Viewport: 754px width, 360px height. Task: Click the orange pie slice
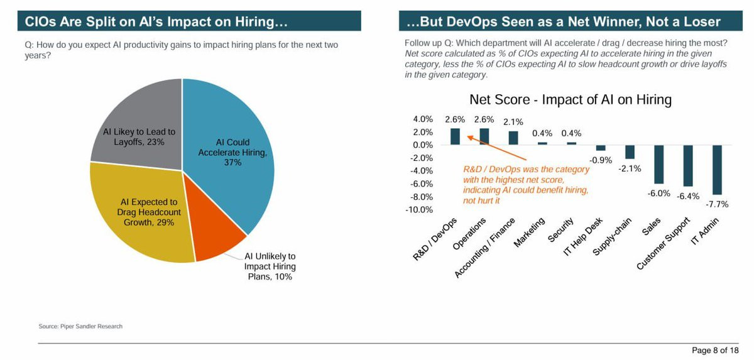pyautogui.click(x=217, y=236)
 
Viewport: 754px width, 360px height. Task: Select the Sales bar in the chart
pyautogui.click(x=659, y=164)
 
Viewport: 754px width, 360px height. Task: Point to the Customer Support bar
pyautogui.click(x=688, y=165)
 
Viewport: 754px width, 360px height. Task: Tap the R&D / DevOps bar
pyautogui.click(x=456, y=137)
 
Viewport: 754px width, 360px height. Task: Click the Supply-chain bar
pyautogui.click(x=630, y=151)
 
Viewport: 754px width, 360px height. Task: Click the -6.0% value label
pyautogui.click(x=659, y=193)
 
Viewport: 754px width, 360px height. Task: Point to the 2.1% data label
pyautogui.click(x=513, y=122)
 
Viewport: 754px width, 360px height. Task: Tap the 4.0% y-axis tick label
pyautogui.click(x=423, y=119)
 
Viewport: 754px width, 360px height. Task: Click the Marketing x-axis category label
pyautogui.click(x=530, y=233)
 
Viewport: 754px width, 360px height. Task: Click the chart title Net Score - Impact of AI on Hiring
pyautogui.click(x=571, y=100)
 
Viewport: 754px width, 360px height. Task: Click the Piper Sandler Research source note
pyautogui.click(x=80, y=326)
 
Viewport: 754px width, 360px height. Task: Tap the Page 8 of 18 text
pyautogui.click(x=715, y=350)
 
